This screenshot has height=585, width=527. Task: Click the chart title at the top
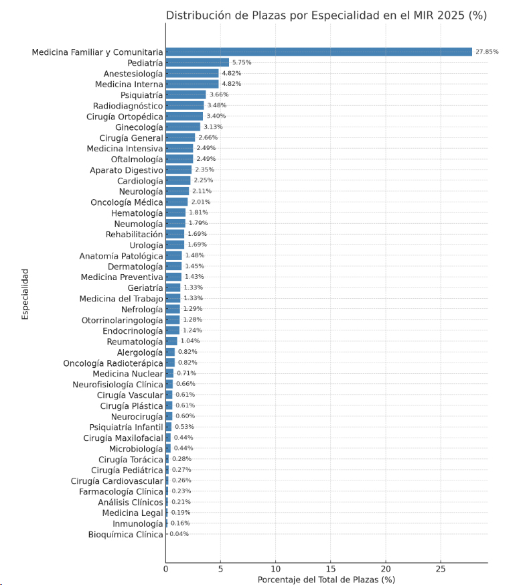click(326, 15)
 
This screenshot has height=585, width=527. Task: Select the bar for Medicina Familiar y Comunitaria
click(319, 52)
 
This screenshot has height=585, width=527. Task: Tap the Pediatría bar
click(198, 62)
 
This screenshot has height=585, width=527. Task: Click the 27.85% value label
click(487, 52)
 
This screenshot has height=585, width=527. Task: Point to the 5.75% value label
click(241, 62)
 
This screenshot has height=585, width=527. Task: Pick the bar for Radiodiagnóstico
click(185, 105)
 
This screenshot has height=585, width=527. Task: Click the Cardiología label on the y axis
click(140, 181)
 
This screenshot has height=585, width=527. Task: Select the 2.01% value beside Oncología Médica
click(200, 202)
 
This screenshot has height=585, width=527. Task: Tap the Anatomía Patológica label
click(121, 256)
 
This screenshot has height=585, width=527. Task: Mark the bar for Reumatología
click(171, 341)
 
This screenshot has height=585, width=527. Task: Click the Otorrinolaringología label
click(122, 320)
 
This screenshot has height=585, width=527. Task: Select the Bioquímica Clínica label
click(125, 535)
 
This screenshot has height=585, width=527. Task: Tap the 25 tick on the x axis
click(441, 569)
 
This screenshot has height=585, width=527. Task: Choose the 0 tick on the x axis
click(166, 569)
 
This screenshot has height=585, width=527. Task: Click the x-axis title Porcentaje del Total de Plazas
click(326, 580)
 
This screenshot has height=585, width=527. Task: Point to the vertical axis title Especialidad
click(25, 294)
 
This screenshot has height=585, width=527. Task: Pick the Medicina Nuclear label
click(128, 374)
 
